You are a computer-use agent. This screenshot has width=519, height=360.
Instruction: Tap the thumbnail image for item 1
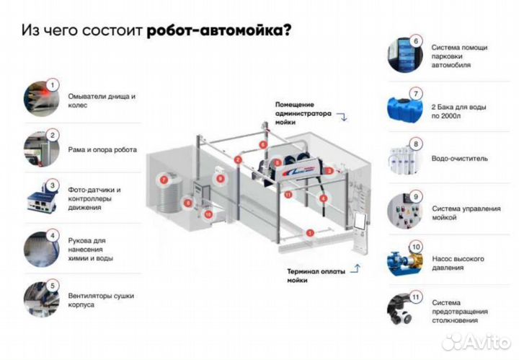pyautogui.click(x=43, y=100)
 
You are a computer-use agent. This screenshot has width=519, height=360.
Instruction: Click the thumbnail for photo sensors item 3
pyautogui.click(x=43, y=199)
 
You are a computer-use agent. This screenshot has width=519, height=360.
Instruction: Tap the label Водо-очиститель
pyautogui.click(x=460, y=157)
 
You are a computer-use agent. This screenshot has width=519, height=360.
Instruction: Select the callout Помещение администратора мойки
pyautogui.click(x=303, y=113)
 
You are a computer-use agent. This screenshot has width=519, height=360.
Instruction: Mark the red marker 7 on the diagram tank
pyautogui.click(x=164, y=177)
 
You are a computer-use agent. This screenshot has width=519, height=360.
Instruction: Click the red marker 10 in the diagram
pyautogui.click(x=208, y=214)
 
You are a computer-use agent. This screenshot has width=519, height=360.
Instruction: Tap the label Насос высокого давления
pyautogui.click(x=458, y=263)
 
